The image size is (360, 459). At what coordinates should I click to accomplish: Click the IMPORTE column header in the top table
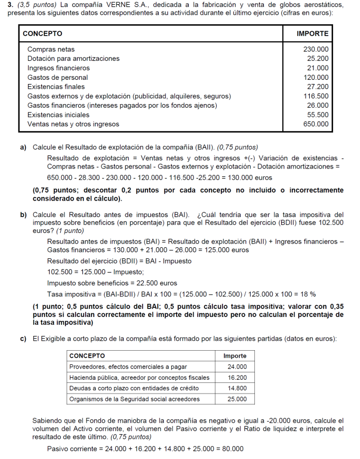click(312, 34)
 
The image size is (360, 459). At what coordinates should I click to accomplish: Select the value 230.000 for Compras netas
click(316, 49)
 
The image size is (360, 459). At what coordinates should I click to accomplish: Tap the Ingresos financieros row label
click(59, 68)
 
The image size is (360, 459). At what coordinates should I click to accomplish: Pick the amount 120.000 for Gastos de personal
click(316, 78)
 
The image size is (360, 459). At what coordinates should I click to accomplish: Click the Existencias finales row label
click(56, 87)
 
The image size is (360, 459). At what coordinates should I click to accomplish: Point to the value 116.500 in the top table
click(316, 96)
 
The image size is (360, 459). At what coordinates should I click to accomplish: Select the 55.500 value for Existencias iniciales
click(318, 115)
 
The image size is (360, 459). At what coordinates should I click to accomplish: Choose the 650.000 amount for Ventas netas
click(316, 124)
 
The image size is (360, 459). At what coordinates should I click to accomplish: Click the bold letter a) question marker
click(24, 147)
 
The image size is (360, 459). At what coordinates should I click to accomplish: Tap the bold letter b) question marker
click(24, 215)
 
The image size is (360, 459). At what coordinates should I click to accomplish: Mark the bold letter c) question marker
click(24, 338)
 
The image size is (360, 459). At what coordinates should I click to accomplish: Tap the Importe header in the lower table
click(235, 356)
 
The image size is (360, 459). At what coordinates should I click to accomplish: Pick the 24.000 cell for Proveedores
click(237, 367)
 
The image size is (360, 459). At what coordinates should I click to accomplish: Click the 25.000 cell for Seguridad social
click(237, 399)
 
